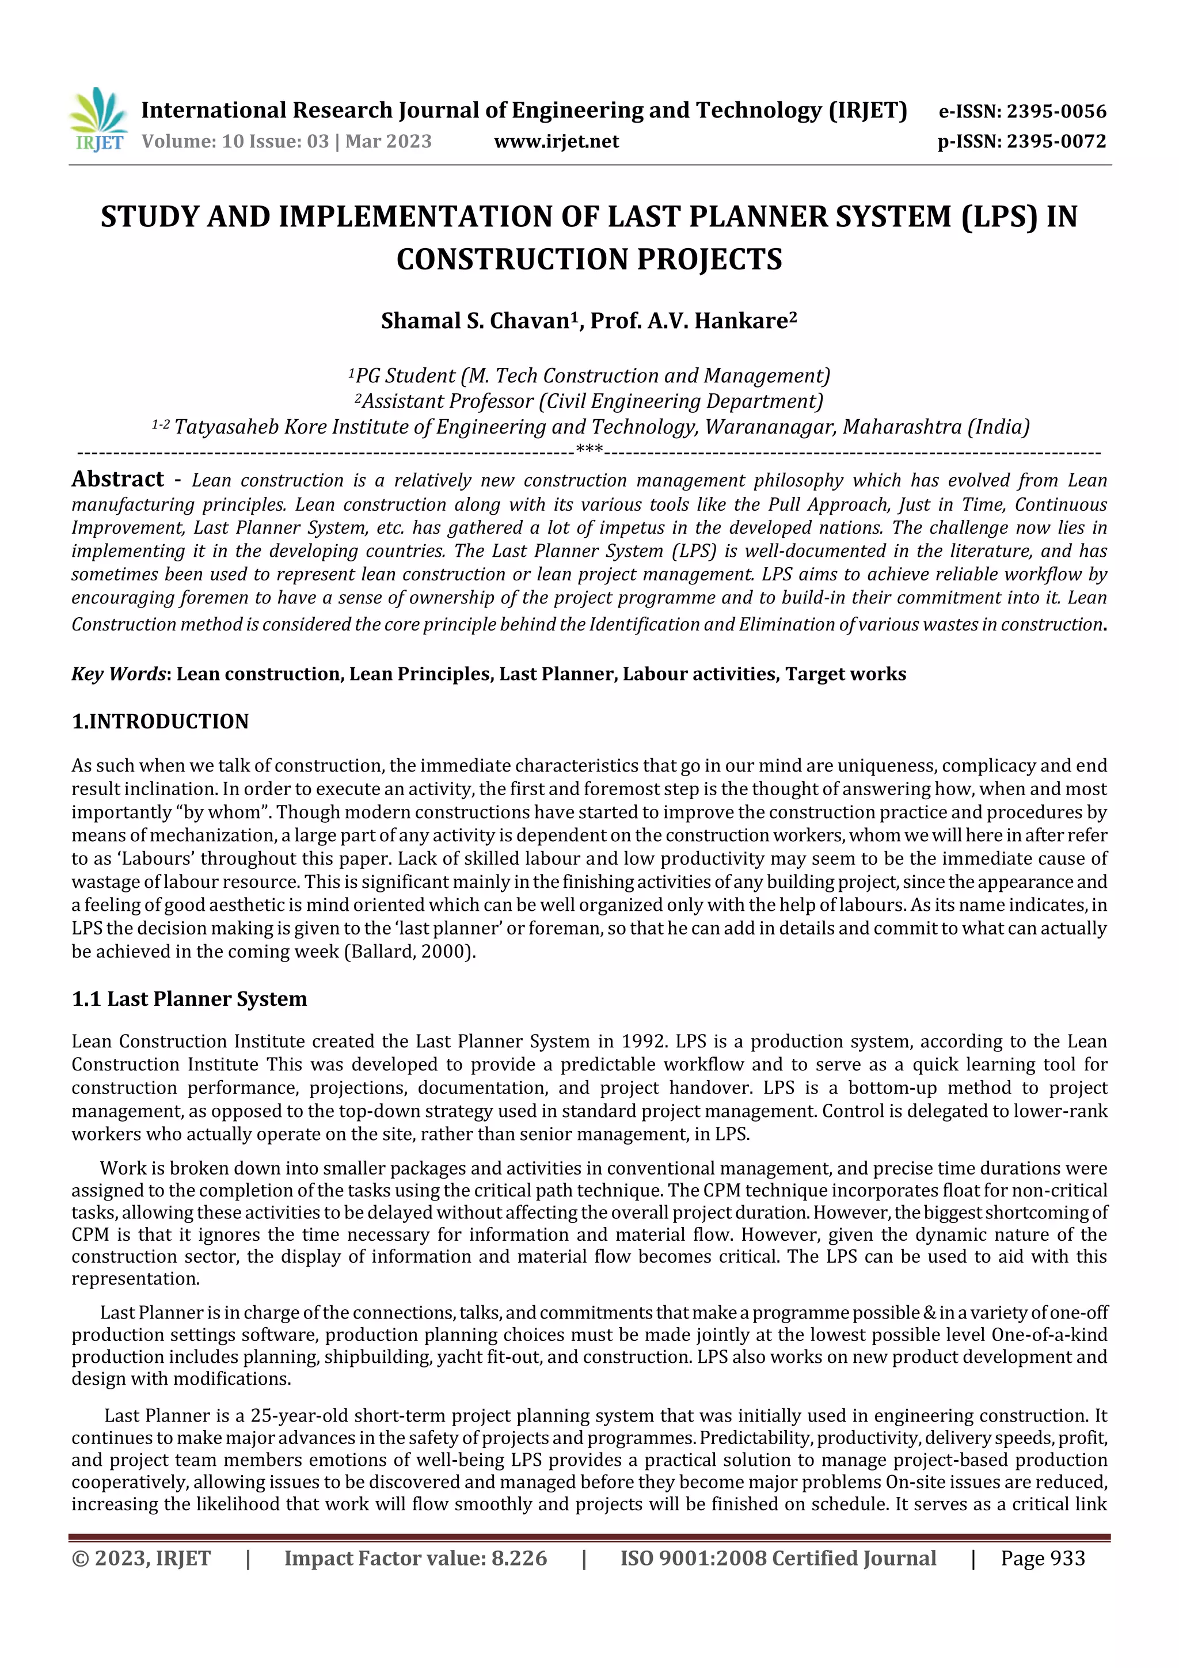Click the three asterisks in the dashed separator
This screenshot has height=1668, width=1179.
tap(588, 450)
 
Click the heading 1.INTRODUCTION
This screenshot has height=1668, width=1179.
tap(160, 721)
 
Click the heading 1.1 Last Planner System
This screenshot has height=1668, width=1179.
tap(189, 999)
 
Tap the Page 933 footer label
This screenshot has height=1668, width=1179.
tap(1043, 1557)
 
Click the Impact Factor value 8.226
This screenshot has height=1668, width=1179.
tap(519, 1557)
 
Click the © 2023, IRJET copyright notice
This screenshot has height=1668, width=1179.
tap(141, 1557)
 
